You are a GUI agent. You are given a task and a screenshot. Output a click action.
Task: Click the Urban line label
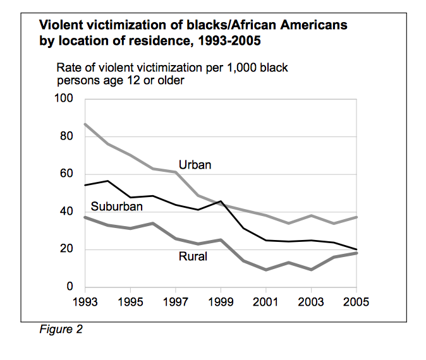point(195,165)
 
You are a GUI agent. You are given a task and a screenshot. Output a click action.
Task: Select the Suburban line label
point(116,207)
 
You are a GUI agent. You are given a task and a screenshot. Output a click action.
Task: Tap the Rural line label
point(193,256)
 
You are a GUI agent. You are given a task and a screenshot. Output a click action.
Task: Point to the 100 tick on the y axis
point(64,98)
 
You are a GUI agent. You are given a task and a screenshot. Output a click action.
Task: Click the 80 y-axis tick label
point(66,136)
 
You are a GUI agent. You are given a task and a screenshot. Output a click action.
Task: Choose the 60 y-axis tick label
point(66,173)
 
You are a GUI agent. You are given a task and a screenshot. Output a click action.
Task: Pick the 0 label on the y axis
point(70,286)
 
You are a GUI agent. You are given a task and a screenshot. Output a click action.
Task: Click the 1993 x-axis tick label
point(85,302)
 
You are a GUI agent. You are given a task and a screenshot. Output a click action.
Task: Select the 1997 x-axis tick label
point(176,302)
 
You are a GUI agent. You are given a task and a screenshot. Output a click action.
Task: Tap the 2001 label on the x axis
point(265,302)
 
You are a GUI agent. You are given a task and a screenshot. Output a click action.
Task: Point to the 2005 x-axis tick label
point(356,302)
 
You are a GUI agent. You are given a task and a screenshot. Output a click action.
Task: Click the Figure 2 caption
point(61,329)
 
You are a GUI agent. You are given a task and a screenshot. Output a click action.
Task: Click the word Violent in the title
point(61,25)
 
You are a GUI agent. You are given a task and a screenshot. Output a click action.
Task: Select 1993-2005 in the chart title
point(229,40)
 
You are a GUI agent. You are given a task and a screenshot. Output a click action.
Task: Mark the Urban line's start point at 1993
point(85,124)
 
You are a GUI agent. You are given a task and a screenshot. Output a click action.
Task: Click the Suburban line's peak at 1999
point(221,201)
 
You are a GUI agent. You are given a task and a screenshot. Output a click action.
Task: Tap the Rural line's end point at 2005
point(356,253)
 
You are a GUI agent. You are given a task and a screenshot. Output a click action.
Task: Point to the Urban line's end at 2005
point(356,217)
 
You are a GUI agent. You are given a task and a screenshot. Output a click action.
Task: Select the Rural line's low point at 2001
point(265,270)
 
